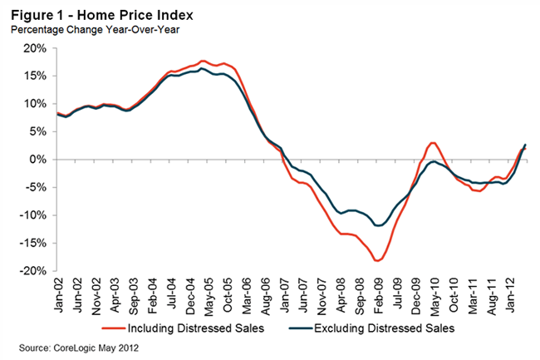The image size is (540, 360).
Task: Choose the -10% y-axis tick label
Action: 37,215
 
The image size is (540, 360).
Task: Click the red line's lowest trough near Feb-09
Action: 378,261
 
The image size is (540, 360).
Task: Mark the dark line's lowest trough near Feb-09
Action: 379,225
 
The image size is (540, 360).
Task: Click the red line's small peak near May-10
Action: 434,143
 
